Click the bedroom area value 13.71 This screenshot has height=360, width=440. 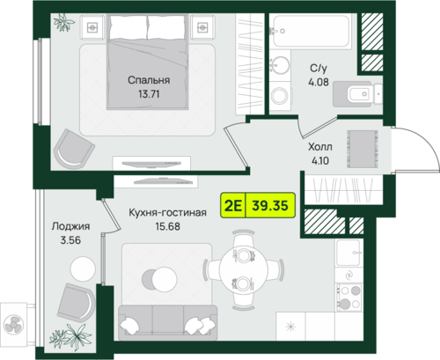pyautogui.click(x=149, y=94)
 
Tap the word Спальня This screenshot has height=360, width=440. pyautogui.click(x=149, y=80)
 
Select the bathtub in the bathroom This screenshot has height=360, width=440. pyautogui.click(x=311, y=31)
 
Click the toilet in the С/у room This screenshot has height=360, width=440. pyautogui.click(x=358, y=94)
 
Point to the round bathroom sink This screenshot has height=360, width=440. pyautogui.click(x=280, y=65)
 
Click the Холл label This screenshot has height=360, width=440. pyautogui.click(x=320, y=147)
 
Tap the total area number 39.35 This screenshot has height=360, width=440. pyautogui.click(x=270, y=205)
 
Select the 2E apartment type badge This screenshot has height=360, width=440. pyautogui.click(x=233, y=205)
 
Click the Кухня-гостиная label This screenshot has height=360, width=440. pyautogui.click(x=167, y=212)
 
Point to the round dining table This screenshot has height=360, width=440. pyautogui.click(x=244, y=269)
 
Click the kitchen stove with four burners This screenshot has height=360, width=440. pyautogui.click(x=349, y=298)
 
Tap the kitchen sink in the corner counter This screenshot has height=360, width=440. pyautogui.click(x=348, y=253)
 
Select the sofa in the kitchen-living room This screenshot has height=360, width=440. pyautogui.click(x=167, y=323)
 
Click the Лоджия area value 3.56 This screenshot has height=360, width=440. pyautogui.click(x=70, y=240)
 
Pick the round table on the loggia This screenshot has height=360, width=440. pyautogui.click(x=83, y=269)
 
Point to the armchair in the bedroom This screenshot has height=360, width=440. pyautogui.click(x=74, y=149)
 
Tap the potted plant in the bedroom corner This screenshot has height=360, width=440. pyautogui.click(x=63, y=22)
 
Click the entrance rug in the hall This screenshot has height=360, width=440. pyautogui.click(x=362, y=149)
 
